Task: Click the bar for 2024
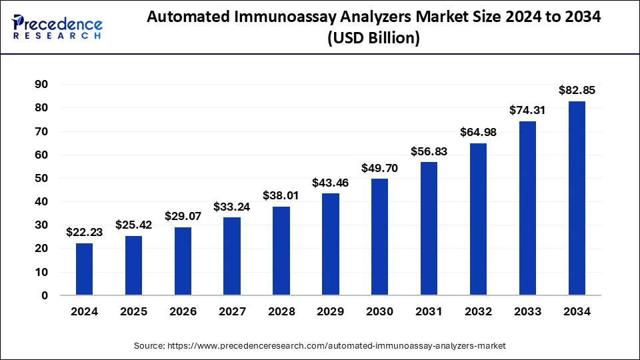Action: pyautogui.click(x=84, y=269)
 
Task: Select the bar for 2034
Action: pyautogui.click(x=577, y=198)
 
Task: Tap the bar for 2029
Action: pyautogui.click(x=331, y=244)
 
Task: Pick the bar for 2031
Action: pyautogui.click(x=429, y=228)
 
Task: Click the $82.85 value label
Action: pyautogui.click(x=577, y=90)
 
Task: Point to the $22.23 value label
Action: pyautogui.click(x=84, y=232)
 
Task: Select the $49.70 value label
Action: pyautogui.click(x=379, y=168)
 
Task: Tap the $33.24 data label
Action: pyautogui.click(x=232, y=207)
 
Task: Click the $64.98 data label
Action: pyautogui.click(x=478, y=132)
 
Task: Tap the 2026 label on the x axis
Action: pyautogui.click(x=183, y=311)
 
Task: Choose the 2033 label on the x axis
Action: pyautogui.click(x=527, y=311)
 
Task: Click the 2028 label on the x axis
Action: pyautogui.click(x=281, y=311)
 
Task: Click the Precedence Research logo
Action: pyautogui.click(x=57, y=27)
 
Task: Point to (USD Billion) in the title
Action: pyautogui.click(x=373, y=39)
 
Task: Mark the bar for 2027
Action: pyautogui.click(x=232, y=256)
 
